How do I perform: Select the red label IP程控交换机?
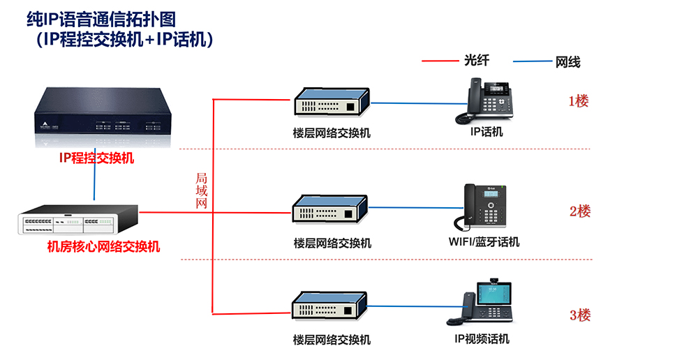pyautogui.click(x=96, y=158)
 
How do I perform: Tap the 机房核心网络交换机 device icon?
pyautogui.click(x=77, y=220)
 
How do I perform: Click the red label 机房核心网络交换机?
pyautogui.click(x=103, y=246)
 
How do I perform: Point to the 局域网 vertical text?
pyautogui.click(x=201, y=190)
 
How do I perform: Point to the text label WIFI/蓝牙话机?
pyautogui.click(x=484, y=242)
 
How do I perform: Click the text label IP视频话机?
pyautogui.click(x=482, y=339)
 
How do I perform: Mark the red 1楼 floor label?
pyautogui.click(x=579, y=101)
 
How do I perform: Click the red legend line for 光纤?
pyautogui.click(x=440, y=61)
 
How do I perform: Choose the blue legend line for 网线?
pyautogui.click(x=532, y=62)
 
